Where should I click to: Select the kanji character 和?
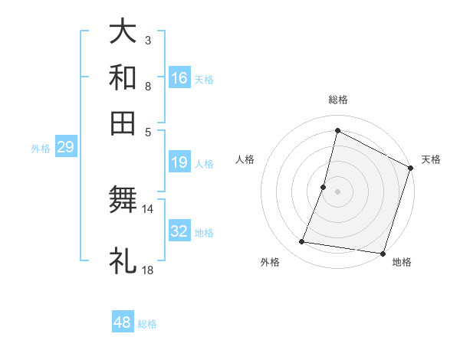[123, 77]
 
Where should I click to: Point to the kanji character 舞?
[123, 199]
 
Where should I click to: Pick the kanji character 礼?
[123, 260]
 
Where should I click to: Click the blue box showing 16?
[179, 78]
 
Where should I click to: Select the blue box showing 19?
[179, 162]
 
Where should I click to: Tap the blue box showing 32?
[179, 231]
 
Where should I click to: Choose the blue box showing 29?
[65, 147]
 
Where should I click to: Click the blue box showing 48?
[123, 322]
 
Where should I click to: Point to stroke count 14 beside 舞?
[148, 208]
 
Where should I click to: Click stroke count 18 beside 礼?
[148, 270]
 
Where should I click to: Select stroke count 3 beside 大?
[148, 40]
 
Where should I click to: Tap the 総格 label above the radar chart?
[337, 100]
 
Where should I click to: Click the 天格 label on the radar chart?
[431, 159]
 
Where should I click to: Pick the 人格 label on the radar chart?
[245, 159]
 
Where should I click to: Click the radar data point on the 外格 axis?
[302, 242]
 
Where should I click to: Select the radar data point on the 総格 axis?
[337, 130]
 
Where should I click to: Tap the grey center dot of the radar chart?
[337, 191]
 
